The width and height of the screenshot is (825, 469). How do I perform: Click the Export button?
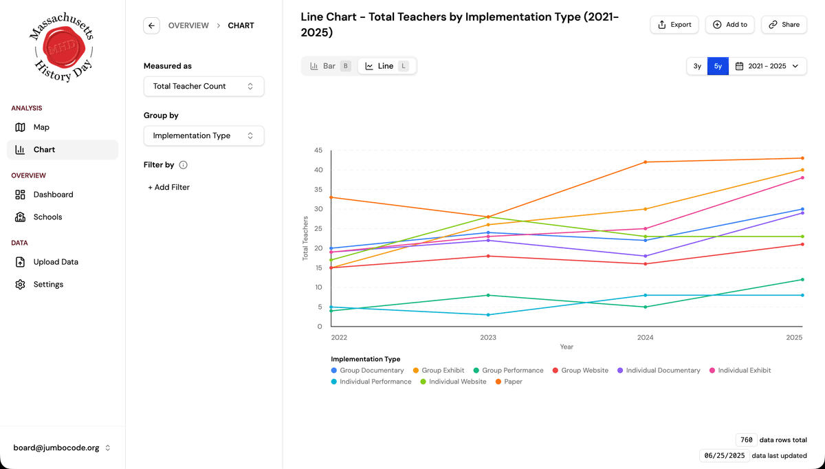[674, 25]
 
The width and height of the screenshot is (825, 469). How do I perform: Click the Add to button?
[729, 25]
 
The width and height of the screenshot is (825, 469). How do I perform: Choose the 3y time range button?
[697, 66]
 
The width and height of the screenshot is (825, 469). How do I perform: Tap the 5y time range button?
[718, 66]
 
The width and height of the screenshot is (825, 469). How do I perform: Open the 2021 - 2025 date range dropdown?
[767, 66]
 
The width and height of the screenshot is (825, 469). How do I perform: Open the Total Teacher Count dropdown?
[203, 87]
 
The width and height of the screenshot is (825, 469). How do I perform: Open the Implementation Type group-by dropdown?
[203, 136]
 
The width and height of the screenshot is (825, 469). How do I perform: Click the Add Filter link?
[169, 187]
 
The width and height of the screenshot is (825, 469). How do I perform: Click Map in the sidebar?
[41, 127]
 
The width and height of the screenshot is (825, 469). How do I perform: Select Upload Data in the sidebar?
[56, 262]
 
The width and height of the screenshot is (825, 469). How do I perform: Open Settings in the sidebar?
[48, 285]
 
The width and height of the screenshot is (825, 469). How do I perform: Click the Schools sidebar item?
[47, 217]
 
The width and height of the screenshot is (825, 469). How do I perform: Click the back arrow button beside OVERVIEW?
[151, 25]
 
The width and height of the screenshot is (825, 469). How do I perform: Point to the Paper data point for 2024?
[646, 162]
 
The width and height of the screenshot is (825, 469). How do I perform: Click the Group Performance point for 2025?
[802, 280]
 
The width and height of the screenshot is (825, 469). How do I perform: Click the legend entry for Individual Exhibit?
[744, 371]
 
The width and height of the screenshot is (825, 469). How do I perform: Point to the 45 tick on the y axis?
[318, 151]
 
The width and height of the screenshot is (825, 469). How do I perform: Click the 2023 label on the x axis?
[488, 338]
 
